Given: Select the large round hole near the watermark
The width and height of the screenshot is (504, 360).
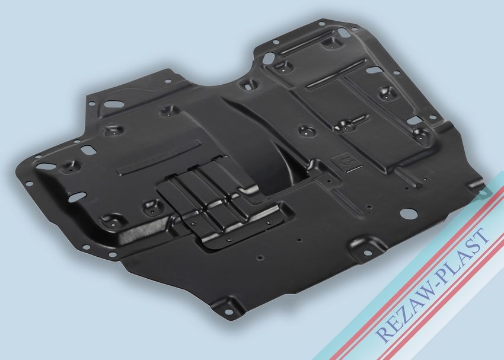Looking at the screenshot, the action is point(408,213).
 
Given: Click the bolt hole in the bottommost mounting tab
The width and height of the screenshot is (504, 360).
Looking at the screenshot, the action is point(228,312).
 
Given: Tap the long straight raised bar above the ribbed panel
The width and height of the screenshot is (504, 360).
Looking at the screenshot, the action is point(159,158).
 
